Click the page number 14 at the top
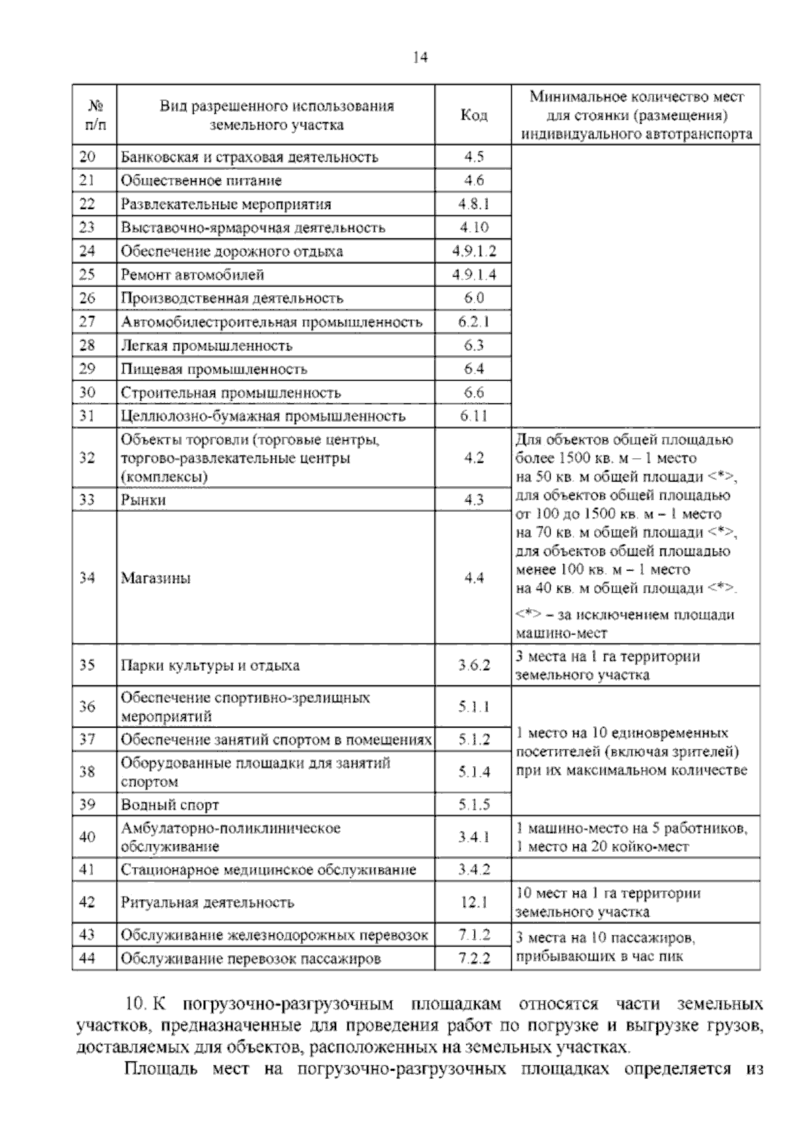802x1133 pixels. tap(420, 57)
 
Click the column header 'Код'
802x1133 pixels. tap(474, 115)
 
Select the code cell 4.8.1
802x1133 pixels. tap(474, 204)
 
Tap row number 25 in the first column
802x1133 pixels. tap(87, 275)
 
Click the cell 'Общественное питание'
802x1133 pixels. tap(201, 180)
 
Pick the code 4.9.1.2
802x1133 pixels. tap(474, 251)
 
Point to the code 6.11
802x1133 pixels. tap(474, 416)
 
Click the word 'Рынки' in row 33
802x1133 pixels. tap(143, 500)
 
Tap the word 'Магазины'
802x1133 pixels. tap(156, 578)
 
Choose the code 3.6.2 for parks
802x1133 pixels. tap(474, 665)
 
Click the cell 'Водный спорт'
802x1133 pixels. tap(170, 805)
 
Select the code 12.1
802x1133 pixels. tap(474, 903)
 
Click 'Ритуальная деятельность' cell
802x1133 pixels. tap(207, 903)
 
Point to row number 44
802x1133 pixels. tap(87, 958)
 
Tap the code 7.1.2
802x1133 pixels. tap(474, 935)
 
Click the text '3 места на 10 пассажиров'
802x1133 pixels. tap(606, 938)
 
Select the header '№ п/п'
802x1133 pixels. tap(94, 115)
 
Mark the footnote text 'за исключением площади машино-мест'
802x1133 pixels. tap(625, 623)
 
